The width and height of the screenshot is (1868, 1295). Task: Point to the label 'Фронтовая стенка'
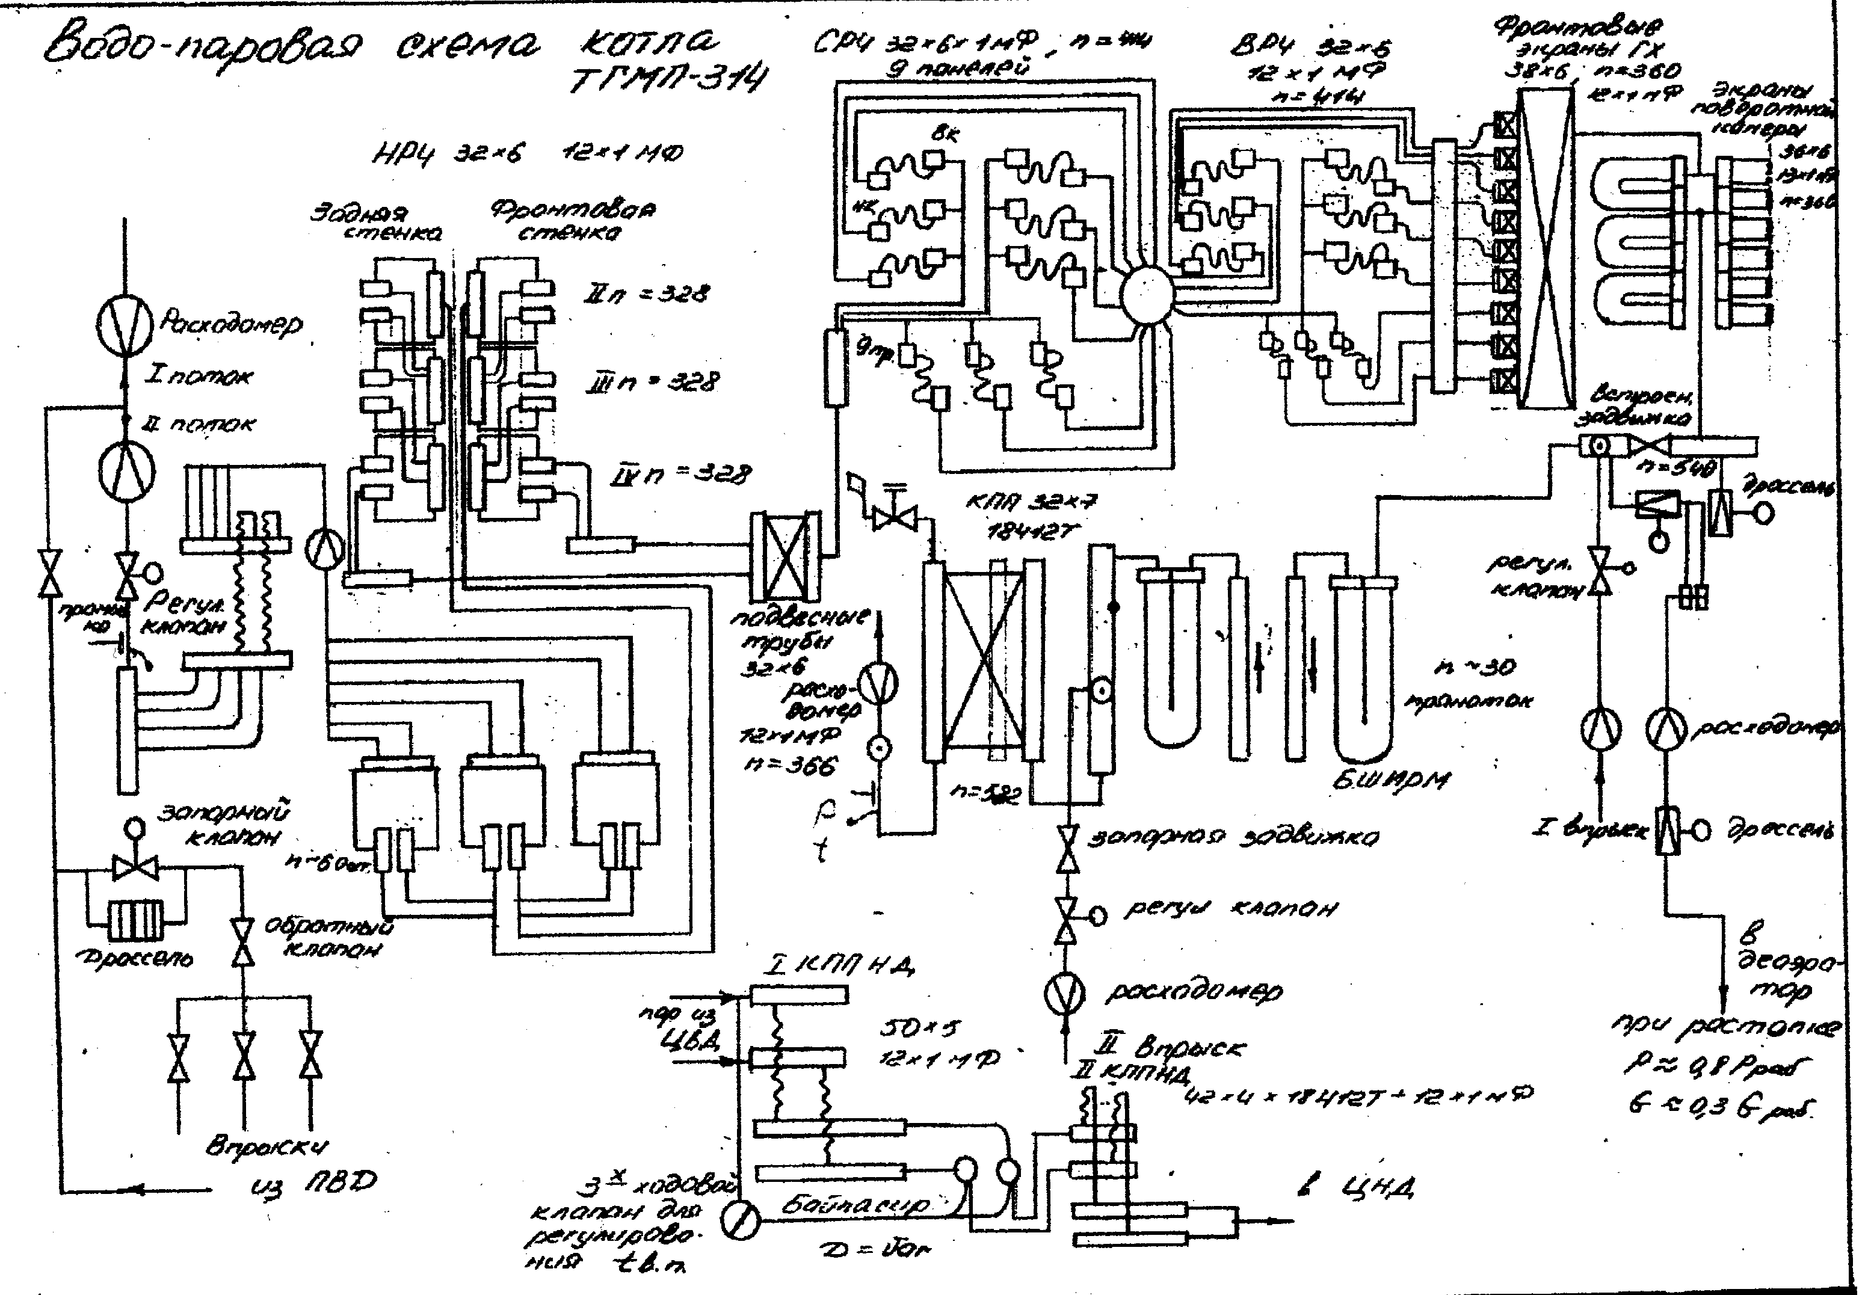coord(572,221)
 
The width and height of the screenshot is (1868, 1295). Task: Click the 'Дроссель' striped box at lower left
coord(135,923)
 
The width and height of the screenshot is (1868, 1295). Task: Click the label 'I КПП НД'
coord(839,965)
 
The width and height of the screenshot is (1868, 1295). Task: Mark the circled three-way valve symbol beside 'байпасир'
coord(740,1220)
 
